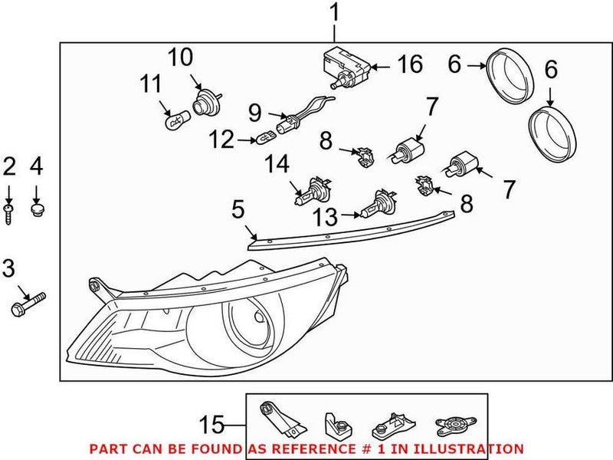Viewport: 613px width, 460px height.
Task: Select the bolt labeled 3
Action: point(29,302)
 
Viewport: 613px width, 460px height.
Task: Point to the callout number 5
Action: point(238,209)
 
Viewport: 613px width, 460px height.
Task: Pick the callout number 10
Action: point(181,58)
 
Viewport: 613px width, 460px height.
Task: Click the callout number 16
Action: point(409,64)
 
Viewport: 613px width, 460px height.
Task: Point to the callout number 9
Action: point(255,114)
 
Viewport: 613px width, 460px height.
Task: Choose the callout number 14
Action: point(277,164)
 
